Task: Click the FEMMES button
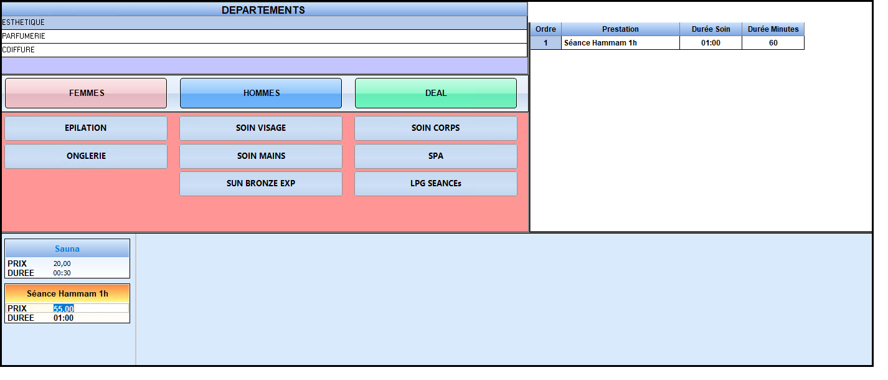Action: [86, 93]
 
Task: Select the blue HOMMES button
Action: [261, 93]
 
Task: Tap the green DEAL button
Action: [436, 93]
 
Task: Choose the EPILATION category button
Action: [86, 128]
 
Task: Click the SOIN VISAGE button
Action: [261, 128]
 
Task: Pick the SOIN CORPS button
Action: [436, 128]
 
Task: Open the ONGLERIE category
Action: [86, 156]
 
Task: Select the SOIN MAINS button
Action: [261, 156]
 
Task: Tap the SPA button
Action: [436, 156]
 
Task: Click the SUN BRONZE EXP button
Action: [261, 184]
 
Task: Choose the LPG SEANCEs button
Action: [436, 184]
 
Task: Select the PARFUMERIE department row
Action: [265, 37]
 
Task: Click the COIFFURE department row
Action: [265, 50]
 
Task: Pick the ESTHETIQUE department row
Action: [265, 22]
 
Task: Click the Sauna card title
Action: [67, 249]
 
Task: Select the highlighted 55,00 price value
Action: [64, 308]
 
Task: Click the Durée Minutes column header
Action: [773, 29]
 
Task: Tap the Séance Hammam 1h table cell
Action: [620, 43]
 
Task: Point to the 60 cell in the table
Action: [773, 43]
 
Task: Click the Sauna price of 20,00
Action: [62, 264]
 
